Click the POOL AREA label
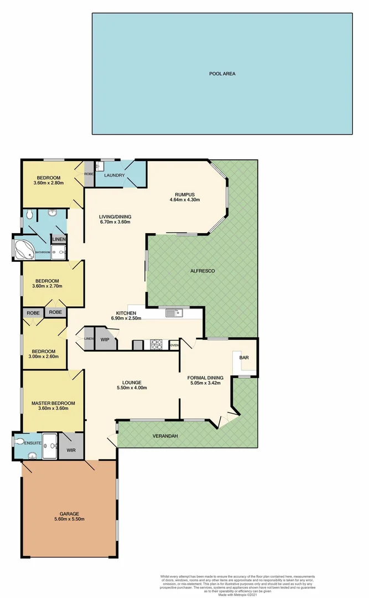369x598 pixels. click(x=222, y=74)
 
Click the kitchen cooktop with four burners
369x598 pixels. click(x=157, y=344)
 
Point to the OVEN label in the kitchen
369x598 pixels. click(x=174, y=345)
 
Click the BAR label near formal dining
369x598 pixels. click(x=243, y=358)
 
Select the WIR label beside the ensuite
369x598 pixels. click(x=71, y=450)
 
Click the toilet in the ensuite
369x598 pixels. click(x=20, y=442)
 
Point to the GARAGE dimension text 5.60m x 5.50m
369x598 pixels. click(x=69, y=519)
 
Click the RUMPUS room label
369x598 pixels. click(x=185, y=194)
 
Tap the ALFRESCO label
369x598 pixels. click(x=202, y=271)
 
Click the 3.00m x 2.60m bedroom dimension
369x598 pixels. click(x=43, y=357)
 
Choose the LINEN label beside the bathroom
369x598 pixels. click(x=58, y=239)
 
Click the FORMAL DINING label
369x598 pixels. click(x=205, y=378)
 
